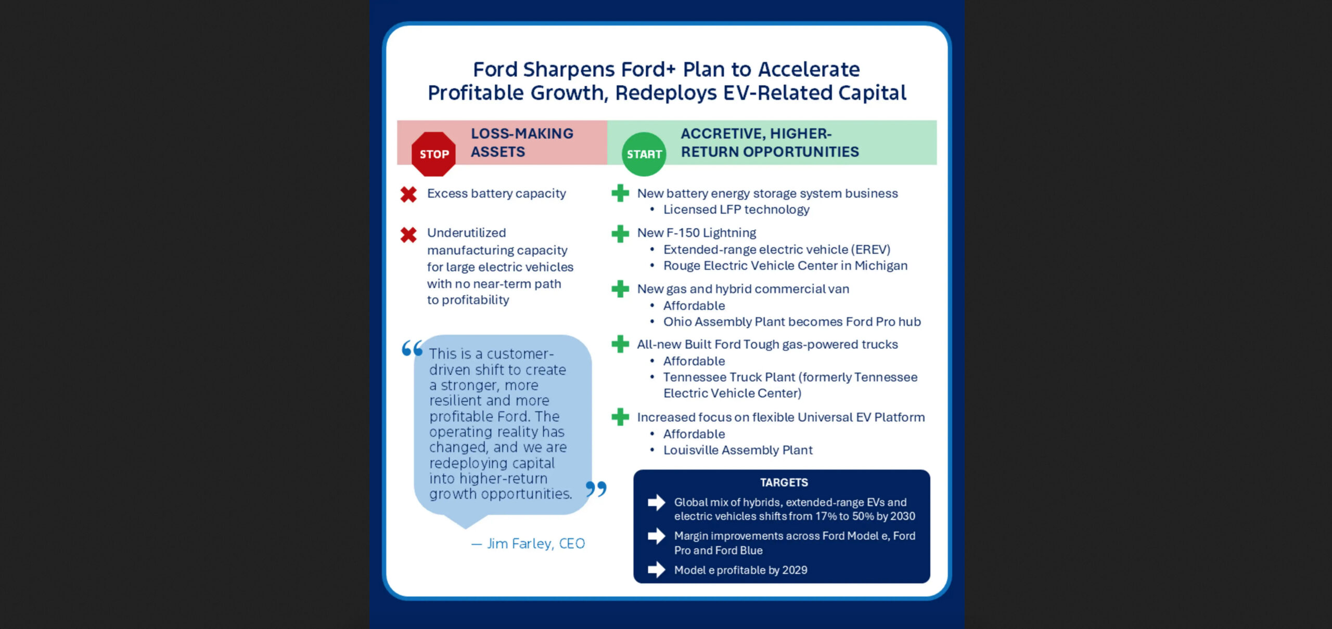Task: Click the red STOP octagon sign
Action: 433,154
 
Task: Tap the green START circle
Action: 644,154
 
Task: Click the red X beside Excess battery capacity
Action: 408,194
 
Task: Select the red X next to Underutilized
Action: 408,234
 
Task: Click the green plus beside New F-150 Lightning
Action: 620,233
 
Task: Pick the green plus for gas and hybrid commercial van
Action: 620,289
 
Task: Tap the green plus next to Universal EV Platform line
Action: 620,417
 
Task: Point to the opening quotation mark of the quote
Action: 412,348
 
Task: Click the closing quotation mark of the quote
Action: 596,489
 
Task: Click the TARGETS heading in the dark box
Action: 784,483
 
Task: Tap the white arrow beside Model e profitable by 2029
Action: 656,570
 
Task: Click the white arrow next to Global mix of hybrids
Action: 656,503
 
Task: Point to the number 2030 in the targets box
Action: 902,516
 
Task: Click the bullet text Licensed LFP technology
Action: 736,209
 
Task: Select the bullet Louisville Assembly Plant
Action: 737,450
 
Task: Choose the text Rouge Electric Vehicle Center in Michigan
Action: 785,266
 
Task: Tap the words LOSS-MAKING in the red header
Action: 522,134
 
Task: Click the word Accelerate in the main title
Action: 809,69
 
